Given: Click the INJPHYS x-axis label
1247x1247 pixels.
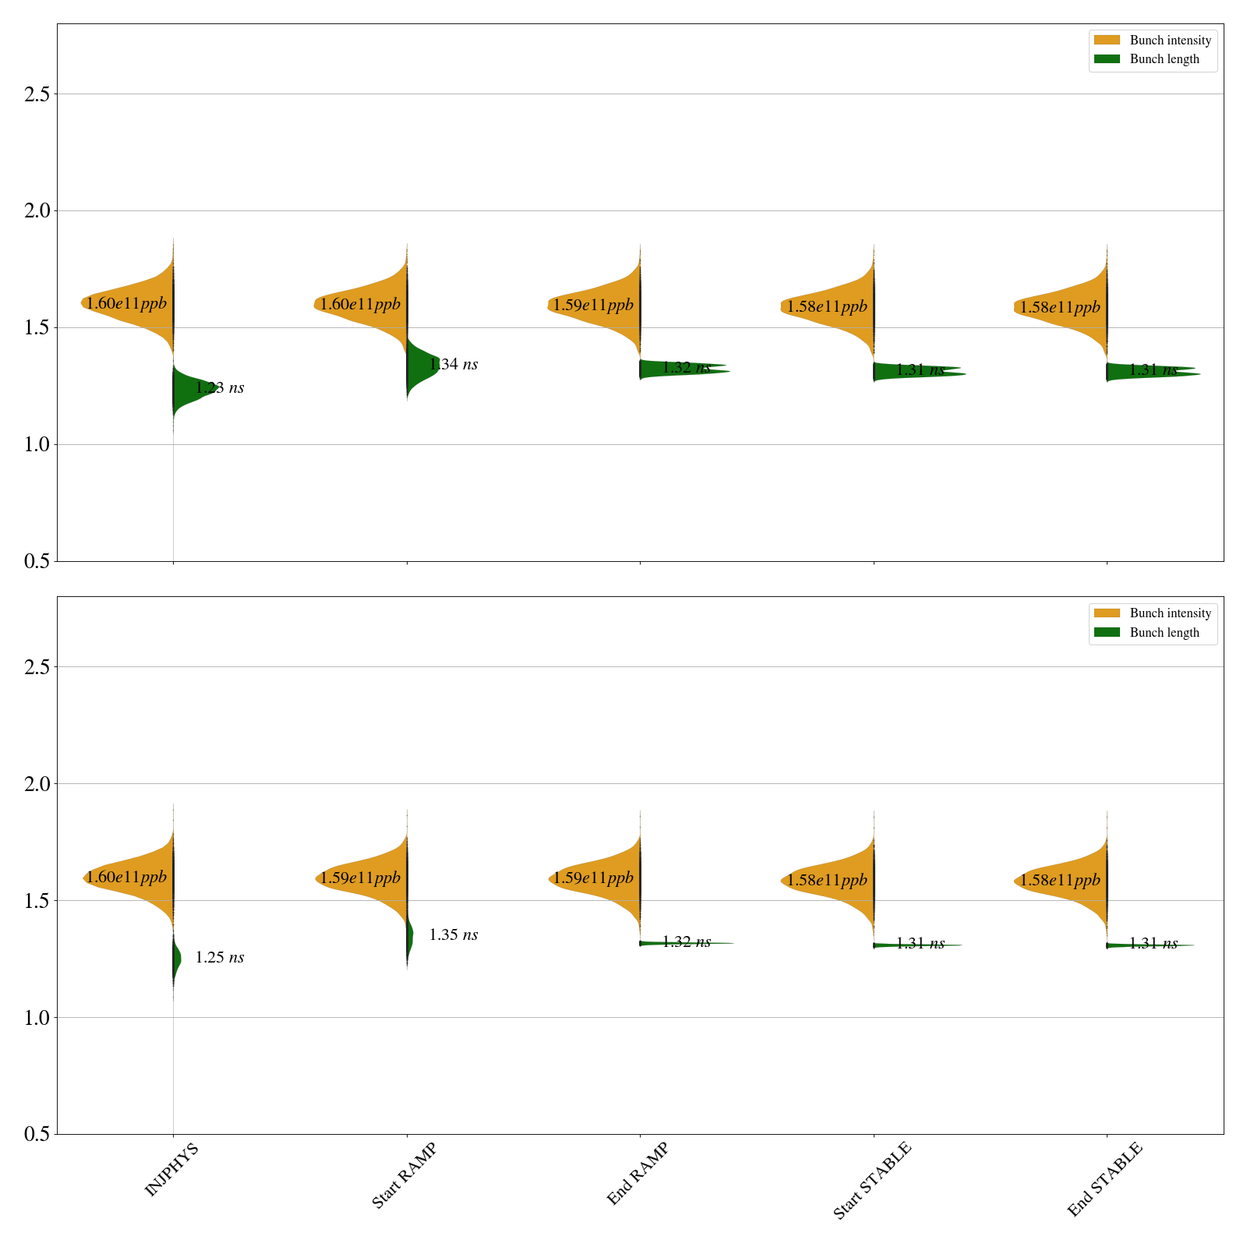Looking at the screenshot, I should tap(171, 1169).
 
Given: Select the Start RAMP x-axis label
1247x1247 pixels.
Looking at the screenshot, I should tap(404, 1175).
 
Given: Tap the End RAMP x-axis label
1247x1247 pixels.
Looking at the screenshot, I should tap(638, 1173).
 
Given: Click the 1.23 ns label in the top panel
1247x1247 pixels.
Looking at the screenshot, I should tap(219, 387).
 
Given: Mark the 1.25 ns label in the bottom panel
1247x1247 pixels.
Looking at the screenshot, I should tap(219, 957).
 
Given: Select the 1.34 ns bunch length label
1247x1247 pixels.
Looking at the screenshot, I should tap(453, 364).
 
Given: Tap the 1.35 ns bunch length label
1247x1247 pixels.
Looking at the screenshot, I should tap(453, 934).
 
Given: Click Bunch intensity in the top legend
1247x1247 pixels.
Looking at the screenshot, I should tap(1170, 41).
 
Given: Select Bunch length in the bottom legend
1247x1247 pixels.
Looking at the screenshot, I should tap(1164, 632).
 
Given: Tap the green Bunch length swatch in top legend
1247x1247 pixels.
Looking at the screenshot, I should tap(1107, 59).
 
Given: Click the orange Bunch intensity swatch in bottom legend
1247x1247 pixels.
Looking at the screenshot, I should tap(1107, 613).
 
